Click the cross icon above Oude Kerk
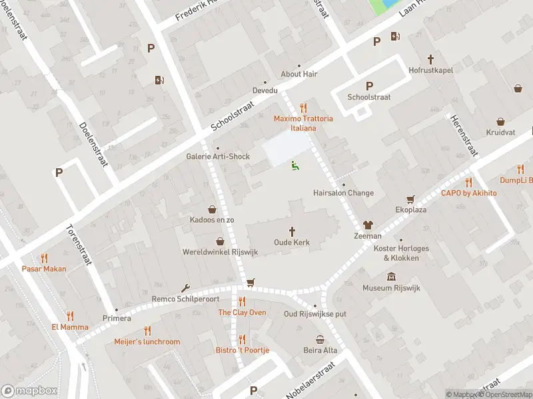click(292, 231)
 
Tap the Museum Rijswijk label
click(390, 288)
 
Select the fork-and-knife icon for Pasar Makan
click(44, 258)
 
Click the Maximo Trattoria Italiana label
click(303, 123)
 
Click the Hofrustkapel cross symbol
click(430, 59)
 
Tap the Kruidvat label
click(500, 132)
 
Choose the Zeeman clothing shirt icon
click(367, 225)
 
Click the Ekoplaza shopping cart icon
click(410, 198)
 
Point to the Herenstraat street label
click(464, 134)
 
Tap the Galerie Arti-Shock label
click(217, 157)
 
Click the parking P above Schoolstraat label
click(369, 86)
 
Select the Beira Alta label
click(320, 350)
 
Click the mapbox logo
click(29, 391)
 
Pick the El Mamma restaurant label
click(70, 327)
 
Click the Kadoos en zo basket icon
click(212, 209)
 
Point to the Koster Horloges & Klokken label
click(401, 253)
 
